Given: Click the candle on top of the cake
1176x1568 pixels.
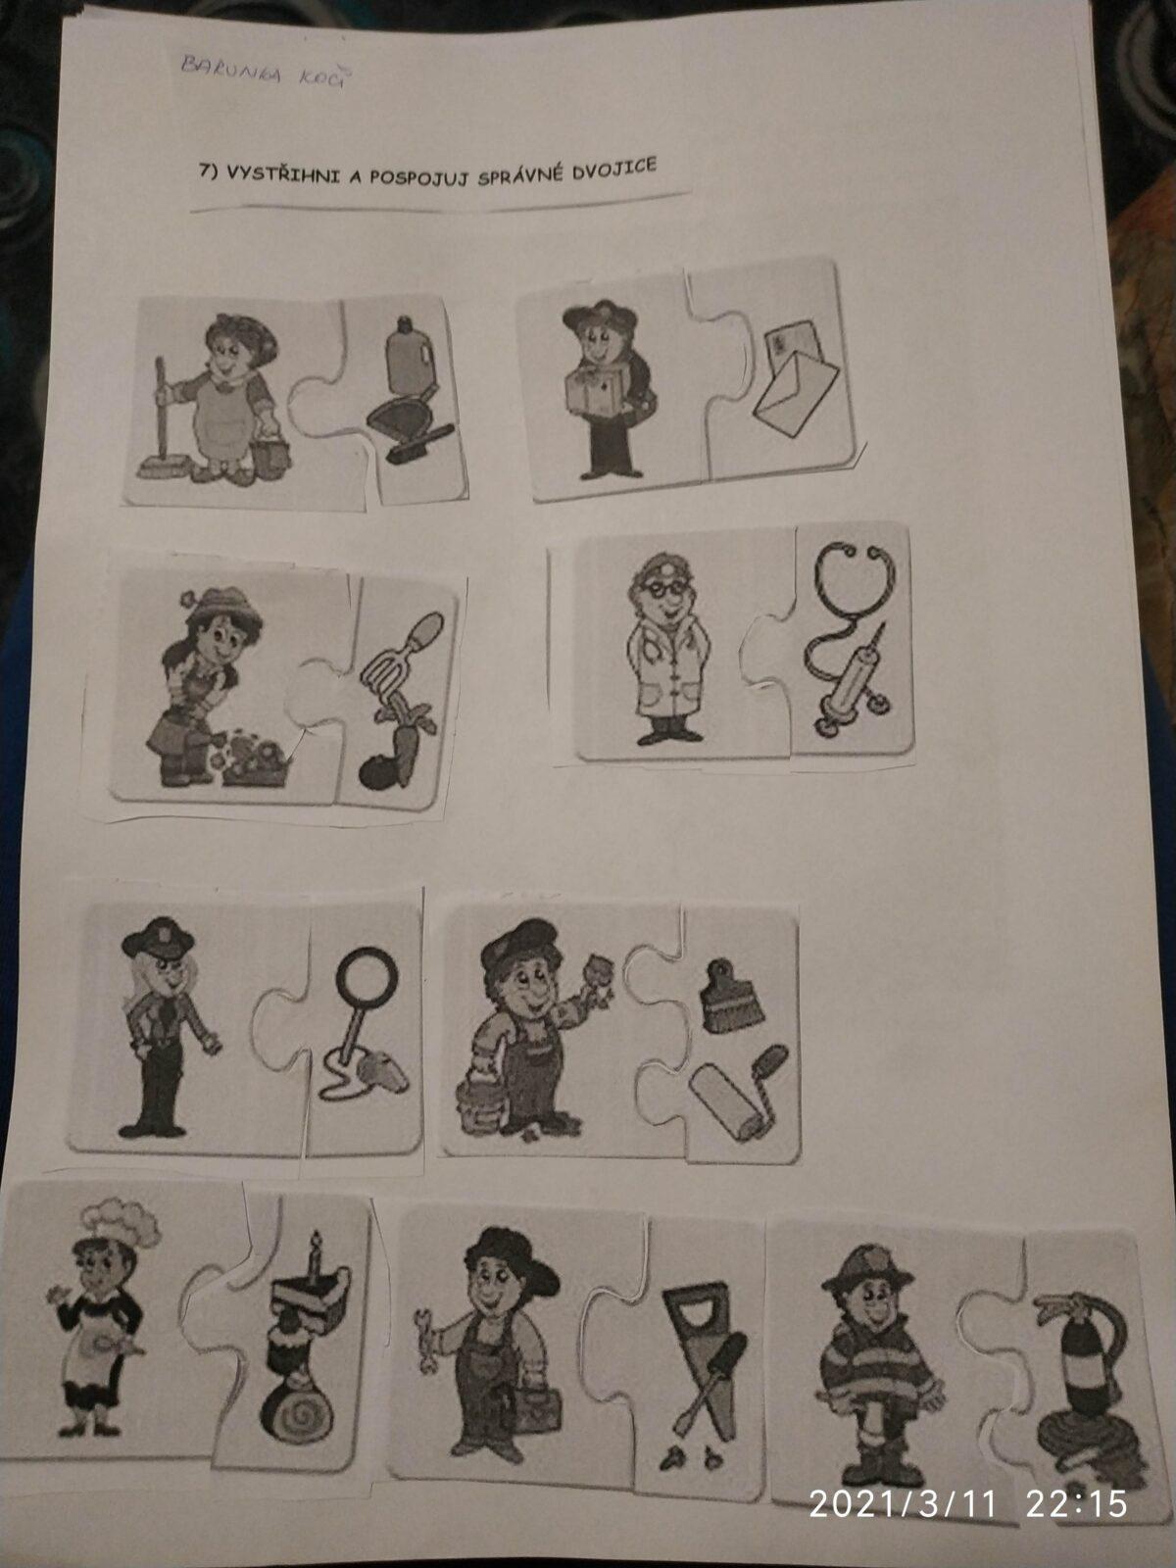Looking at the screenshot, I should (x=314, y=1253).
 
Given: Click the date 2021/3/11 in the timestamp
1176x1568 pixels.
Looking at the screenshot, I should (x=903, y=1502).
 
